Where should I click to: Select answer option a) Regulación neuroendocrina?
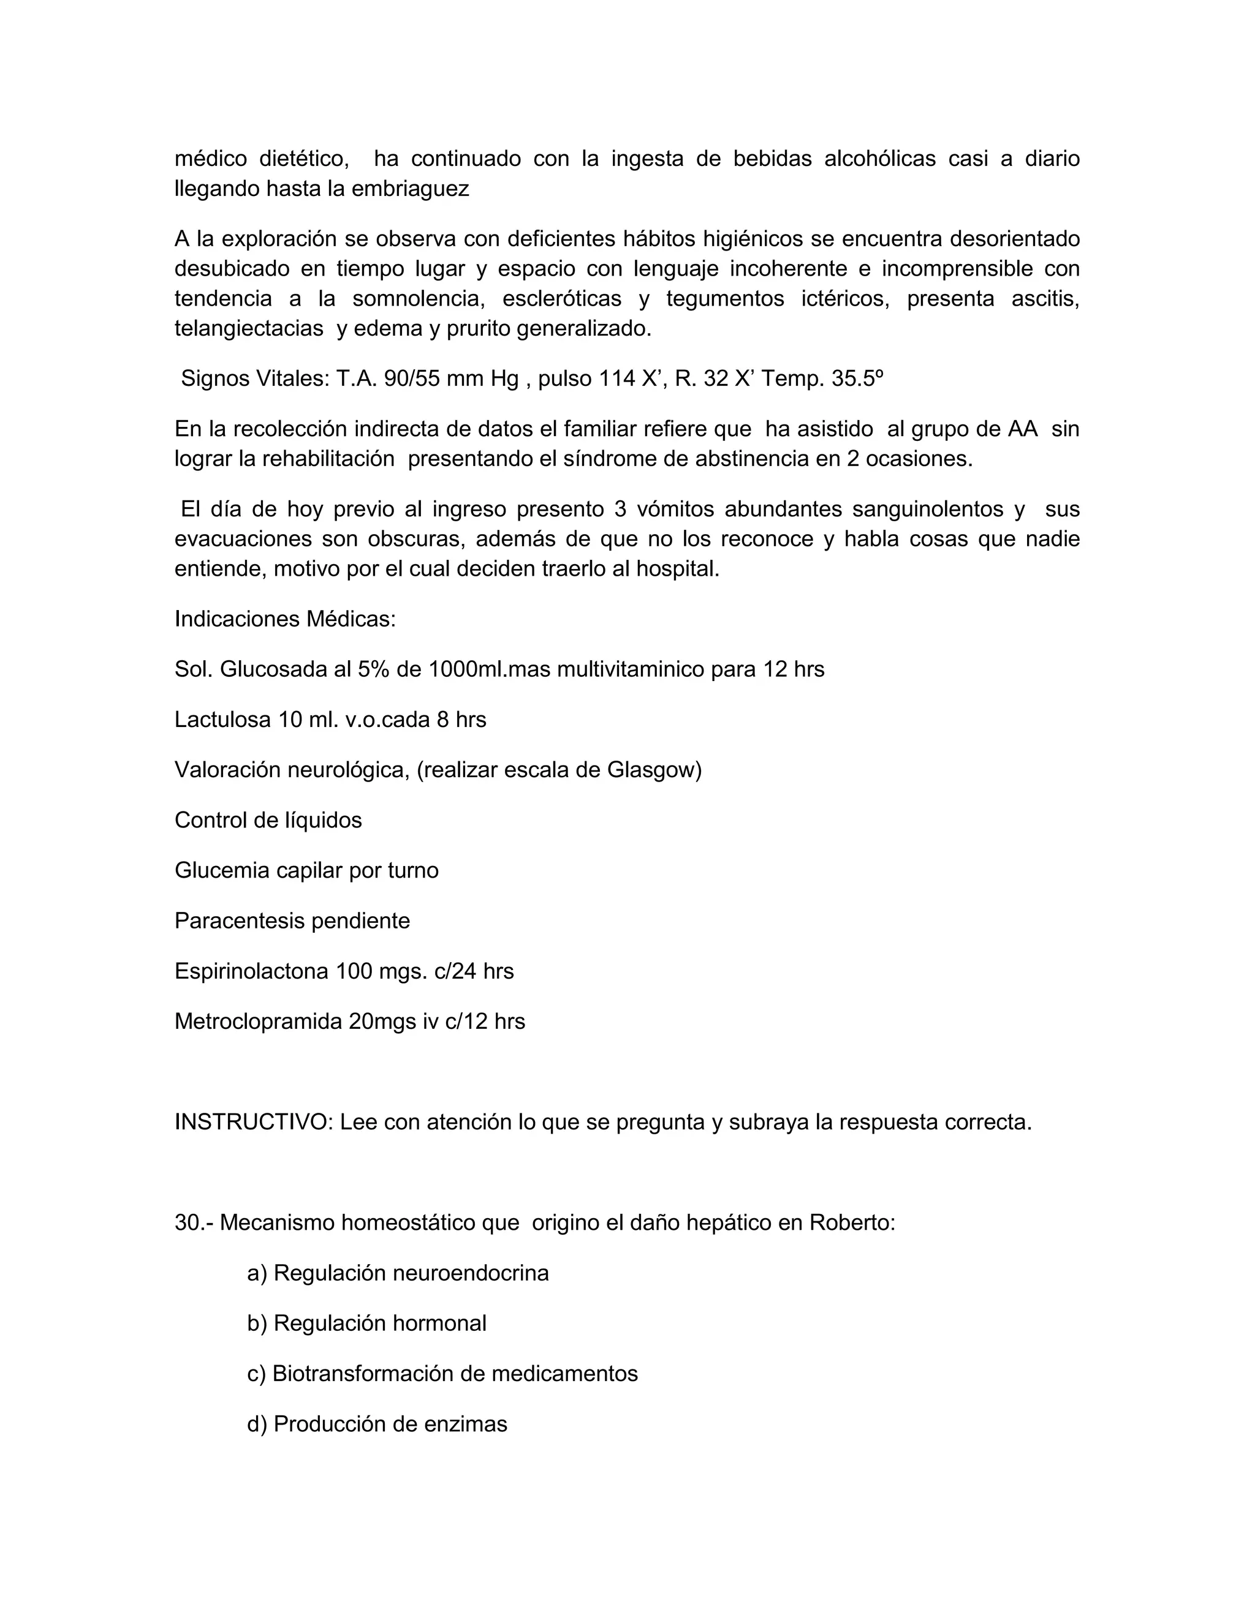click(x=398, y=1273)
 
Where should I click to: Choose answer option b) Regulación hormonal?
click(x=366, y=1324)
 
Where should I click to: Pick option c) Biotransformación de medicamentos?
click(x=442, y=1373)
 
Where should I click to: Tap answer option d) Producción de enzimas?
click(x=377, y=1424)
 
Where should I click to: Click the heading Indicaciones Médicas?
click(x=285, y=619)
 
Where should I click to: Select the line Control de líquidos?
click(x=268, y=821)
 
